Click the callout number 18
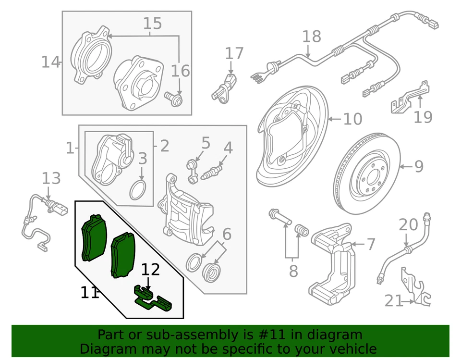(x=311, y=37)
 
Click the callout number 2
(x=165, y=146)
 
